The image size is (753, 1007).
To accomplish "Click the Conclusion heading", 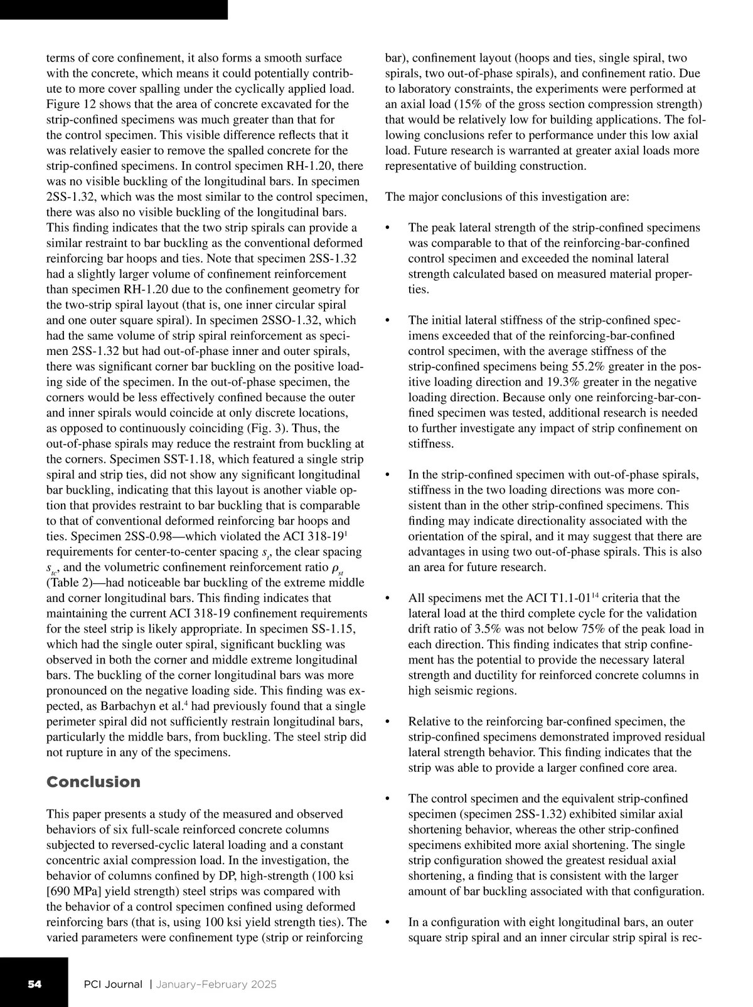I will pos(93,782).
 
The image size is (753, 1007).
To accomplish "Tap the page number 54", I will pos(35,984).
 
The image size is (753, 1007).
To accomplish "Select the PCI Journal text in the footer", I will pos(114,984).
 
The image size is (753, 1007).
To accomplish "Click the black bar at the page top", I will pos(114,9).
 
